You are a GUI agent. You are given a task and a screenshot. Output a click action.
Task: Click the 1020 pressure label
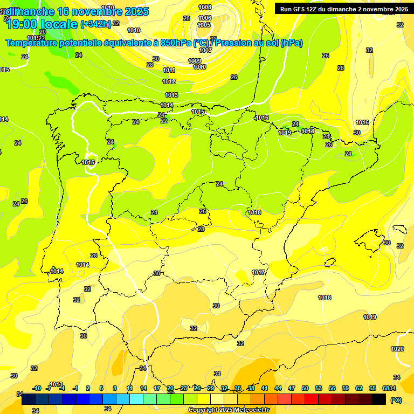tap(397, 349)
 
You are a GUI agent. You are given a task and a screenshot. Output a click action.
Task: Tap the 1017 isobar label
tap(258, 272)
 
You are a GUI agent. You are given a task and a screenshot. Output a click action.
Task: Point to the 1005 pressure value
tap(204, 25)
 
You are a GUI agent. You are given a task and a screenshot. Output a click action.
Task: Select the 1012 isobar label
tap(169, 81)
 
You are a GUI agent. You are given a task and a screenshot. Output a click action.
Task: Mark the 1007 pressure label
tap(205, 50)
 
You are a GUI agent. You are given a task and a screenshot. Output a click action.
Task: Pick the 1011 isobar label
tap(169, 70)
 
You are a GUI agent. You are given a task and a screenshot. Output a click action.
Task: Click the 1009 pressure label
tap(195, 61)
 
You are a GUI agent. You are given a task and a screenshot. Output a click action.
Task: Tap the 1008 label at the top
tap(205, 7)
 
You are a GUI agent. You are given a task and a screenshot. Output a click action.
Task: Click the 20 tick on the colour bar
tap(170, 388)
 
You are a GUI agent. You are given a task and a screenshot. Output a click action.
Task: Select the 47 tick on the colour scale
tap(292, 388)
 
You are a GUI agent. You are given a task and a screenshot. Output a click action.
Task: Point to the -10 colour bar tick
tap(37, 388)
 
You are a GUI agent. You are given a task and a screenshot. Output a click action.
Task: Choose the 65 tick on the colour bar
tap(372, 388)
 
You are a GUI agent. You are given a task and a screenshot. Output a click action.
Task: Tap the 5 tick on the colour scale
tap(102, 388)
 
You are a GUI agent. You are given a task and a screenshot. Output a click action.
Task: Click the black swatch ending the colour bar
tap(379, 399)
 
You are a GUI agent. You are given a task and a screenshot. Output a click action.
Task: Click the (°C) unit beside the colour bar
tap(396, 399)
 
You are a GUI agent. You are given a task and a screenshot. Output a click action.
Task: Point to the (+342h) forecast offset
tap(95, 24)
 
